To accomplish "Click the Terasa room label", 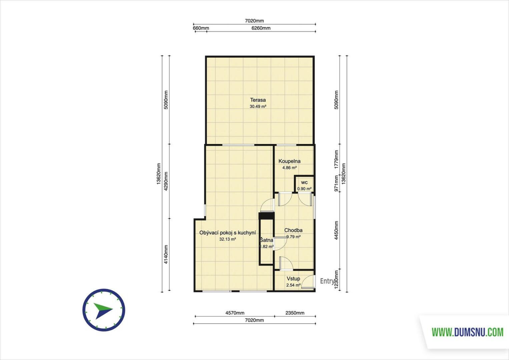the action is [x=258, y=100].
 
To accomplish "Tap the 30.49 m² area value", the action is [x=258, y=106].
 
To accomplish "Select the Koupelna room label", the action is [x=290, y=161].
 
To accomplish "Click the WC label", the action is [x=304, y=183].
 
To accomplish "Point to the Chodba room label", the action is [x=293, y=230].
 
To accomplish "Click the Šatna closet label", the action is [x=267, y=240].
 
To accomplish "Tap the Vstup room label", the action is [x=293, y=278].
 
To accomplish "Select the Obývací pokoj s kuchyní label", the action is [x=228, y=233].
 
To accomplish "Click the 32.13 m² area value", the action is [x=228, y=239].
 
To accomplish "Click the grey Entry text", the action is [x=327, y=281].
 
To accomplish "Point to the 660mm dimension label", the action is [x=201, y=28].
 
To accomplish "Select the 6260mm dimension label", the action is [x=261, y=28].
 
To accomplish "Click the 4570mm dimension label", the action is [x=235, y=313].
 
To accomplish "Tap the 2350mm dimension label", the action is [x=295, y=313].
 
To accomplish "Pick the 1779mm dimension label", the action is [x=336, y=159].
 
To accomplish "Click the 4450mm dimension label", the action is [x=336, y=230].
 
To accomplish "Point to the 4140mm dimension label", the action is [x=166, y=254].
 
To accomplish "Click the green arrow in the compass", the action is [x=103, y=308].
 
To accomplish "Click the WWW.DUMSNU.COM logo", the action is [x=467, y=332].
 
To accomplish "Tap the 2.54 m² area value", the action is [x=293, y=285].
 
